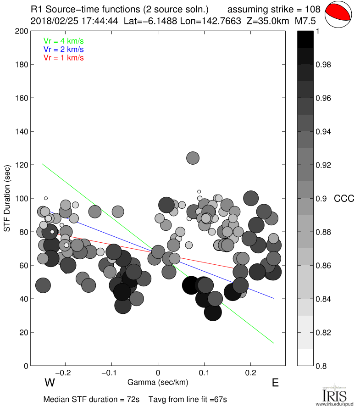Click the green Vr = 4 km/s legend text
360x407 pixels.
click(x=63, y=40)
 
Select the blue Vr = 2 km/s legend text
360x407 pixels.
click(x=63, y=49)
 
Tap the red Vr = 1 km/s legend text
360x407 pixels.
click(x=63, y=58)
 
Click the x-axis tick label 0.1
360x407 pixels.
click(x=205, y=372)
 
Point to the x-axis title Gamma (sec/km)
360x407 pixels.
click(x=158, y=382)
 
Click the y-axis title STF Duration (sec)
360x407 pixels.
click(x=7, y=198)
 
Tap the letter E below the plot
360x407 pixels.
click(x=275, y=382)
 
